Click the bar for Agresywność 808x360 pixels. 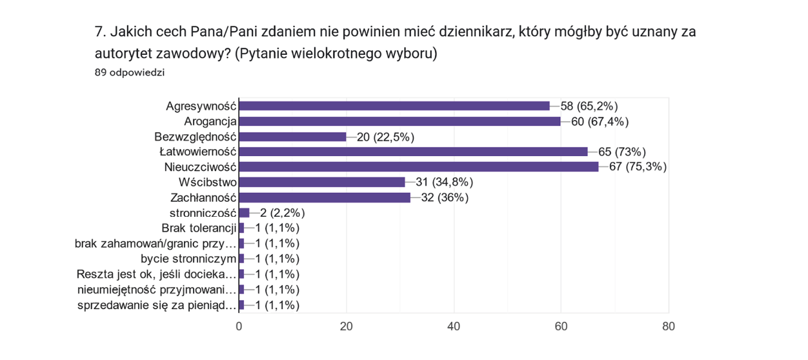pyautogui.click(x=394, y=106)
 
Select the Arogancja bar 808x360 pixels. pyautogui.click(x=399, y=121)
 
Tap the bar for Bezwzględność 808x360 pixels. pyautogui.click(x=292, y=137)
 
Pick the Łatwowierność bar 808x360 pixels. pyautogui.click(x=413, y=152)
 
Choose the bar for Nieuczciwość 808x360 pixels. pyautogui.click(x=418, y=167)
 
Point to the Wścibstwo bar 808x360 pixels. pyautogui.click(x=322, y=183)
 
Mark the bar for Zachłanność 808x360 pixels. pyautogui.click(x=325, y=197)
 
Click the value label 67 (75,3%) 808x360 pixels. pyautogui.click(x=638, y=167)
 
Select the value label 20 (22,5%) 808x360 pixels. pyautogui.click(x=385, y=137)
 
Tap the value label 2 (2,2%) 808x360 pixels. pyautogui.click(x=282, y=213)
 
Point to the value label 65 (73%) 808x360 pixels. pyautogui.click(x=622, y=152)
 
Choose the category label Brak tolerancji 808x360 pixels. pyautogui.click(x=199, y=228)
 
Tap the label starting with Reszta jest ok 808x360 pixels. pyautogui.click(x=156, y=274)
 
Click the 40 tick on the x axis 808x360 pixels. pyautogui.click(x=454, y=326)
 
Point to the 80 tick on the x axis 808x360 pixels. pyautogui.click(x=669, y=326)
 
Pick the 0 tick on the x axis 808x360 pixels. pyautogui.click(x=239, y=326)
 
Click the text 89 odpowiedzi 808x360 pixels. pyautogui.click(x=129, y=72)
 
